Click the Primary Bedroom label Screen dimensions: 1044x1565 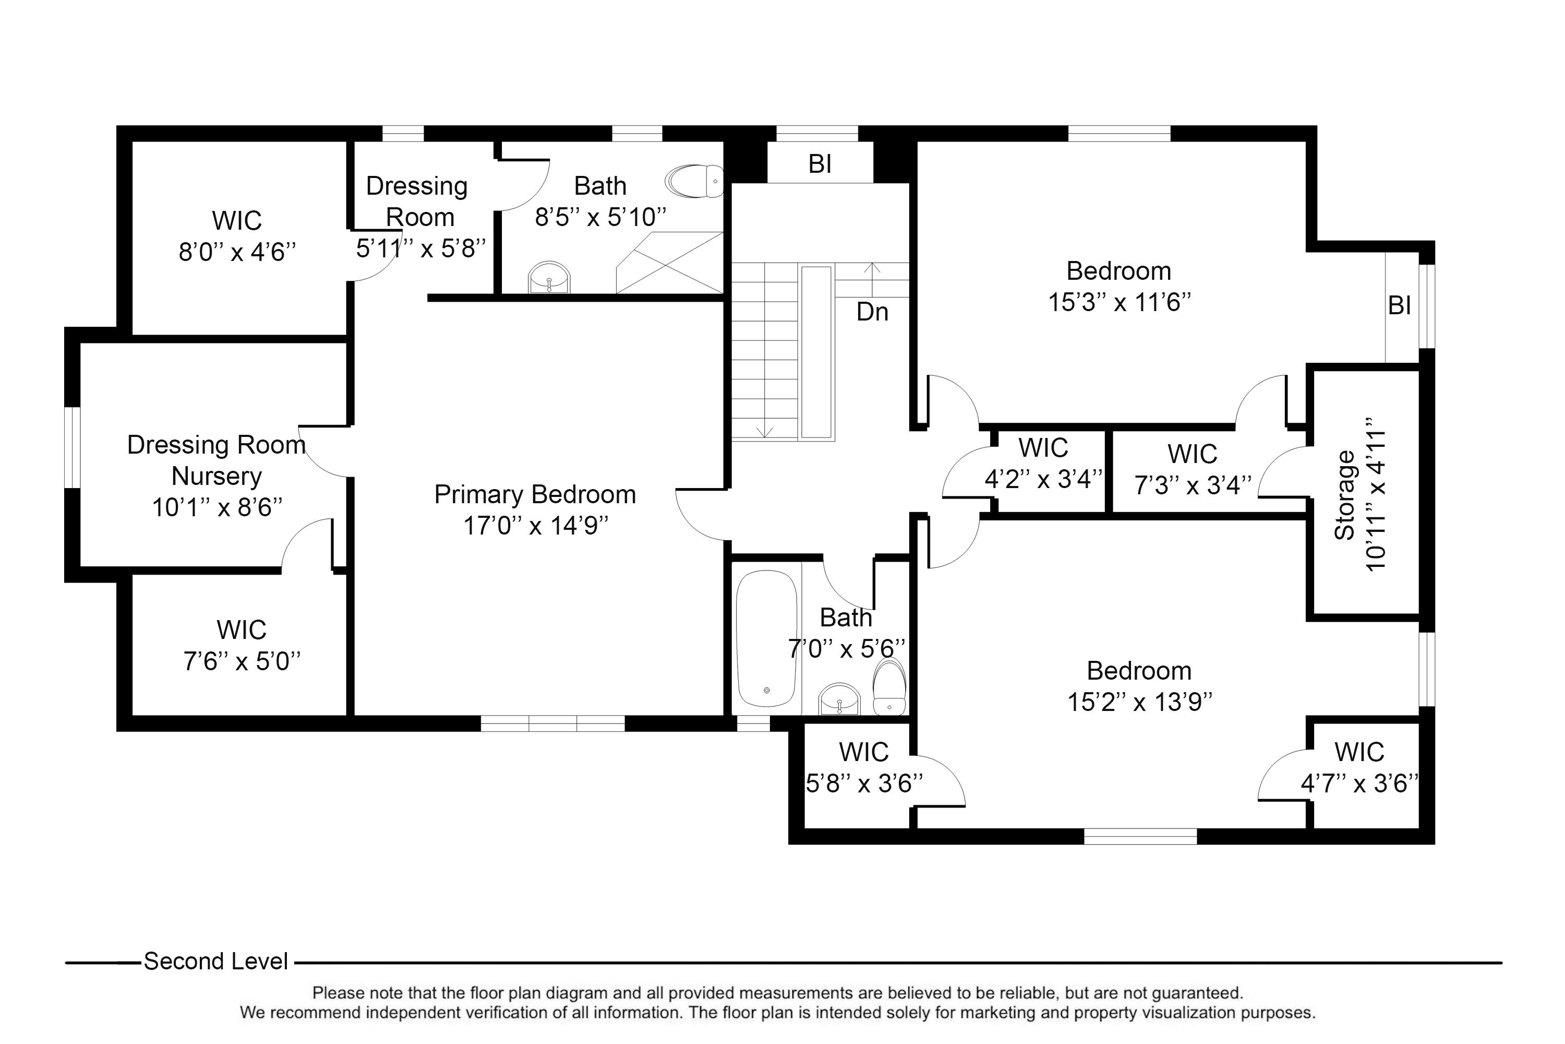[x=535, y=495]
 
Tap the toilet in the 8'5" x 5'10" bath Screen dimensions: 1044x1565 [x=695, y=181]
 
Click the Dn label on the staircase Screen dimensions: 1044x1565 [x=872, y=312]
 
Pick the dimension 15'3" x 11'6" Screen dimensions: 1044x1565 [x=1119, y=303]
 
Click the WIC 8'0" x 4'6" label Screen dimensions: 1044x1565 [x=237, y=221]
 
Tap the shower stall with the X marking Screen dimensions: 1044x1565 [x=669, y=263]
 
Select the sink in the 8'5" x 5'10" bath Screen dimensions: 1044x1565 [x=549, y=277]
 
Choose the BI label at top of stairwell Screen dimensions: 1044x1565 [x=820, y=164]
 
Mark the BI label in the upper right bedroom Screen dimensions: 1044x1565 [x=1399, y=305]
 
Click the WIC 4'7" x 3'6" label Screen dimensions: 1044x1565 [x=1359, y=752]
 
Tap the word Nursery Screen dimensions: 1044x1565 [x=216, y=477]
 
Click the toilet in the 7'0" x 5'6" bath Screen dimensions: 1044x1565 [x=889, y=687]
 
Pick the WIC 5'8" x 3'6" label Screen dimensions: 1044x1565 [x=864, y=752]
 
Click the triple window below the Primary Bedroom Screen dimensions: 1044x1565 [x=552, y=723]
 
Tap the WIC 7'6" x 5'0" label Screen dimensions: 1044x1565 [x=241, y=630]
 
